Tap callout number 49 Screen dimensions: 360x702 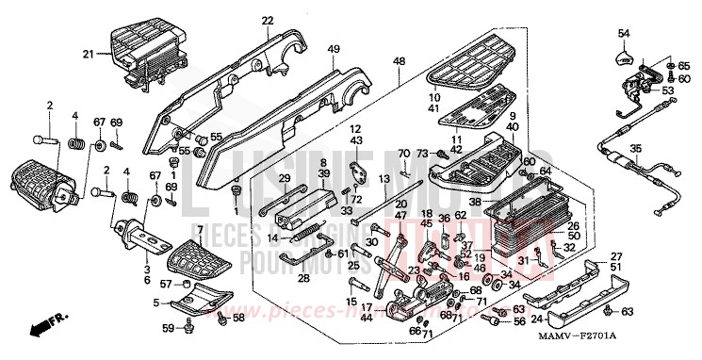[334, 48]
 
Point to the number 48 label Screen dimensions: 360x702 [400, 61]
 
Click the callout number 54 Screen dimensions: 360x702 [624, 34]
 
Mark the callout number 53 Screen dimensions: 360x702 [668, 91]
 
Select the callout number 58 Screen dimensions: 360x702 [238, 319]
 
